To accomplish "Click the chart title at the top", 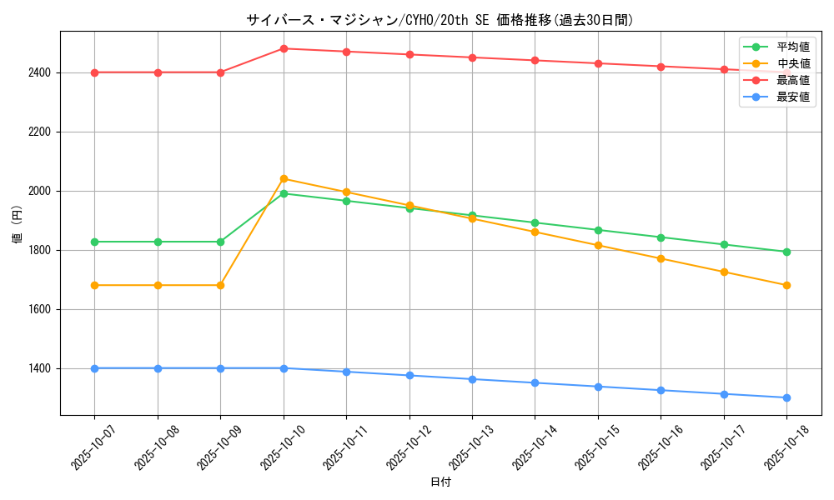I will coord(440,20).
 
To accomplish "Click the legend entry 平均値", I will coord(792,47).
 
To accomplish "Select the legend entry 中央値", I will coord(792,64).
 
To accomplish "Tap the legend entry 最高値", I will coord(792,81).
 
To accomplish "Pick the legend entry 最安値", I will coord(792,97).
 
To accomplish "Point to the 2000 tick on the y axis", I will coord(38,191).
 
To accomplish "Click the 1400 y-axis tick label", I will coord(38,368).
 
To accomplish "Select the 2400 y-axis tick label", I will coord(38,72).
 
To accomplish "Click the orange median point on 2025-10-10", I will coord(284,178).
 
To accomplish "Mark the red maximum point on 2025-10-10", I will coord(284,48).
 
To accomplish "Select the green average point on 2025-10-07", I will coord(94,242).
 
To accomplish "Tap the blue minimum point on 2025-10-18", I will coord(786,397).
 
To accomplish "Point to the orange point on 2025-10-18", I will coord(786,285).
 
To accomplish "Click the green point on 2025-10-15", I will coord(598,230).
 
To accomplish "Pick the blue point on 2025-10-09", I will coord(220,368).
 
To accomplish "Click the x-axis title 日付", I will coord(440,482).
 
